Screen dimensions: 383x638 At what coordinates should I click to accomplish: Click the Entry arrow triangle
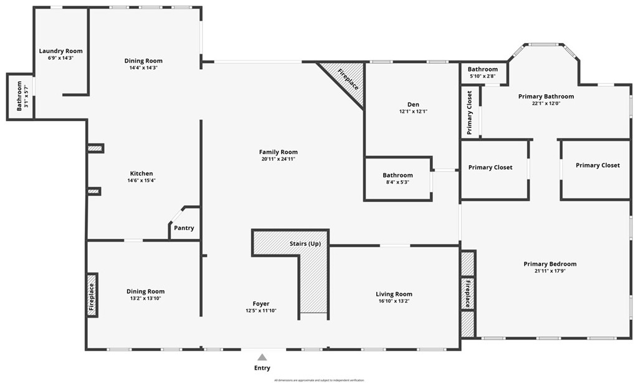click(x=262, y=357)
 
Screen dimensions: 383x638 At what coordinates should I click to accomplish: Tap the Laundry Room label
click(x=60, y=51)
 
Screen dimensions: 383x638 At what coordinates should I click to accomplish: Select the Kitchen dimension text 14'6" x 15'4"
click(x=141, y=181)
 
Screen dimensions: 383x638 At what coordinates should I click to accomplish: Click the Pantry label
click(x=184, y=228)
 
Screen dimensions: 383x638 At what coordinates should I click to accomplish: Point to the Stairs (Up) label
click(x=305, y=243)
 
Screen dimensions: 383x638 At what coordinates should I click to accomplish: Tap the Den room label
click(x=413, y=104)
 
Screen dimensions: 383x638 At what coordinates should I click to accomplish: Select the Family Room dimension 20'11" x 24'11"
click(x=278, y=159)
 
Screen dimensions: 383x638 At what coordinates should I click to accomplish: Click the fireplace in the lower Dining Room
click(x=92, y=295)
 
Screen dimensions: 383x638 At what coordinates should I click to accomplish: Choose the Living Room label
click(x=394, y=294)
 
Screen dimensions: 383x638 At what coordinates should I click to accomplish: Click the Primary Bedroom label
click(x=550, y=264)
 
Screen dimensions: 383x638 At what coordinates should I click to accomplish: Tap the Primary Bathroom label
click(x=546, y=97)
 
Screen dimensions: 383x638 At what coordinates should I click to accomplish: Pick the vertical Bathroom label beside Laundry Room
click(x=19, y=95)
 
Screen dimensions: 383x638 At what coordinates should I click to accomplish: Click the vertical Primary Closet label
click(x=469, y=113)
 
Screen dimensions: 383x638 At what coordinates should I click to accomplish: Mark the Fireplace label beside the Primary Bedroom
click(x=467, y=293)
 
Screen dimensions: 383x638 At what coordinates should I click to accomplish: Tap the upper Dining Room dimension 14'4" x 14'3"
click(x=143, y=68)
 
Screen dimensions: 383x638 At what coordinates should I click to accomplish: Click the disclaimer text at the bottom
click(x=318, y=380)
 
